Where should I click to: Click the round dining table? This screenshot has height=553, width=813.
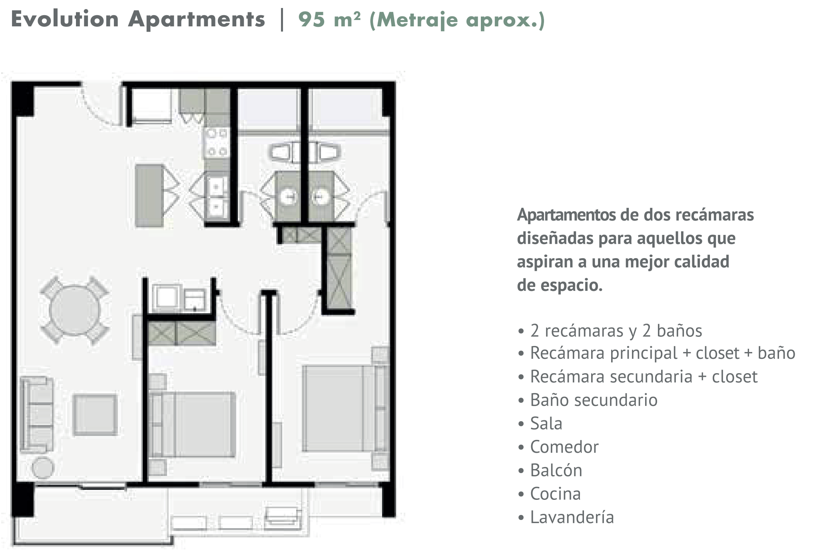click(x=74, y=310)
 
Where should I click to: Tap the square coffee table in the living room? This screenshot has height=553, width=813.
click(x=95, y=414)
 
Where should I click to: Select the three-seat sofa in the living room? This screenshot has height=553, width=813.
click(x=37, y=415)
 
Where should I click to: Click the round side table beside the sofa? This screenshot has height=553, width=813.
click(x=43, y=467)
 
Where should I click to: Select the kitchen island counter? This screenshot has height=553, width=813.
click(x=149, y=196)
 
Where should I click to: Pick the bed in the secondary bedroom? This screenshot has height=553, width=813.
click(x=192, y=424)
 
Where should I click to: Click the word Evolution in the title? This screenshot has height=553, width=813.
click(x=65, y=19)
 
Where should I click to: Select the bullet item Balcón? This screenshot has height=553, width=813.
click(x=550, y=470)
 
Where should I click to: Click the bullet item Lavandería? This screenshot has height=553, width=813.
click(x=566, y=517)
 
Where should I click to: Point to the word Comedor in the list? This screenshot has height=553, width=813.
click(x=564, y=447)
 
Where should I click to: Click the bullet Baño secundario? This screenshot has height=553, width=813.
click(x=588, y=400)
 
